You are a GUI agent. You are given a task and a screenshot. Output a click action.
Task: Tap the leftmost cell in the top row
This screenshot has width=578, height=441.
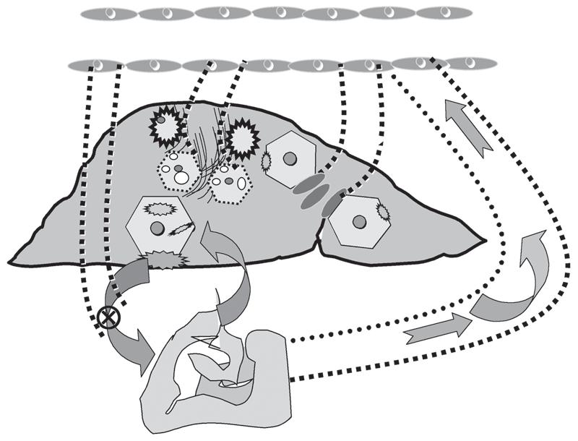coord(109,13)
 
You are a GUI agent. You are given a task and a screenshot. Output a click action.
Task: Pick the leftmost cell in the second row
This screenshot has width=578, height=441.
coord(97,65)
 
